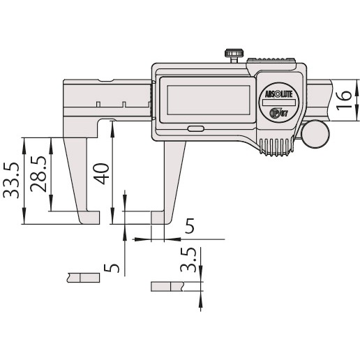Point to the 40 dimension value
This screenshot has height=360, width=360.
click(103, 172)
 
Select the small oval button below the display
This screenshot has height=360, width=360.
click(195, 128)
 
